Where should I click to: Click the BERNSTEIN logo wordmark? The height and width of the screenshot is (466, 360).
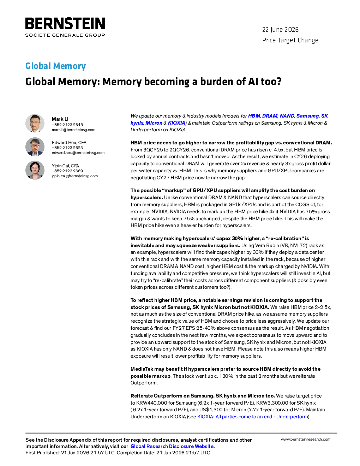(x=65, y=23)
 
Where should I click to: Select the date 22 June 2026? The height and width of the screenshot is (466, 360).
(x=280, y=30)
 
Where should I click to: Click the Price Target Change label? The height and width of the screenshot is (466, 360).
(x=290, y=40)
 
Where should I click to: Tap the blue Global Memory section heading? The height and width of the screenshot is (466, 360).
(x=55, y=66)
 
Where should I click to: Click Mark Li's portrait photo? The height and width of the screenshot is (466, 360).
(x=35, y=123)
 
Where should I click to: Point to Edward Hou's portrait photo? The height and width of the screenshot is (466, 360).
(x=35, y=147)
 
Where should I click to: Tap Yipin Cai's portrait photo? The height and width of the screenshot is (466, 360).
(x=35, y=170)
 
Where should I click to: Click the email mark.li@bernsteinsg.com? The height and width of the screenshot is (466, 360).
(x=73, y=130)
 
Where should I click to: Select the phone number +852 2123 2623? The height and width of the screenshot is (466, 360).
(x=67, y=148)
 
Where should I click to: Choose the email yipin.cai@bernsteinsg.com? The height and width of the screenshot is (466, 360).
(x=74, y=176)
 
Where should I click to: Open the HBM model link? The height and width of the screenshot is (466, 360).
(x=254, y=116)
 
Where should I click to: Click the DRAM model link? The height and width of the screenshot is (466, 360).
(x=270, y=116)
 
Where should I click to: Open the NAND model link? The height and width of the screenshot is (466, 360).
(x=287, y=116)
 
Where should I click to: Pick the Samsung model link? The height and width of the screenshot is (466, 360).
(x=307, y=116)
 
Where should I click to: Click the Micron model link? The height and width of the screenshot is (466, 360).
(x=154, y=123)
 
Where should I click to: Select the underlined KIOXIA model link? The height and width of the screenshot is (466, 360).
(x=176, y=123)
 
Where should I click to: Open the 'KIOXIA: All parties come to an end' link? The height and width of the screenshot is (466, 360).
(x=253, y=417)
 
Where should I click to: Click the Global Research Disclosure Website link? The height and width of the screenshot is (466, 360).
(x=172, y=446)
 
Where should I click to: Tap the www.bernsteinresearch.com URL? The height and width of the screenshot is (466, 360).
(x=306, y=440)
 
